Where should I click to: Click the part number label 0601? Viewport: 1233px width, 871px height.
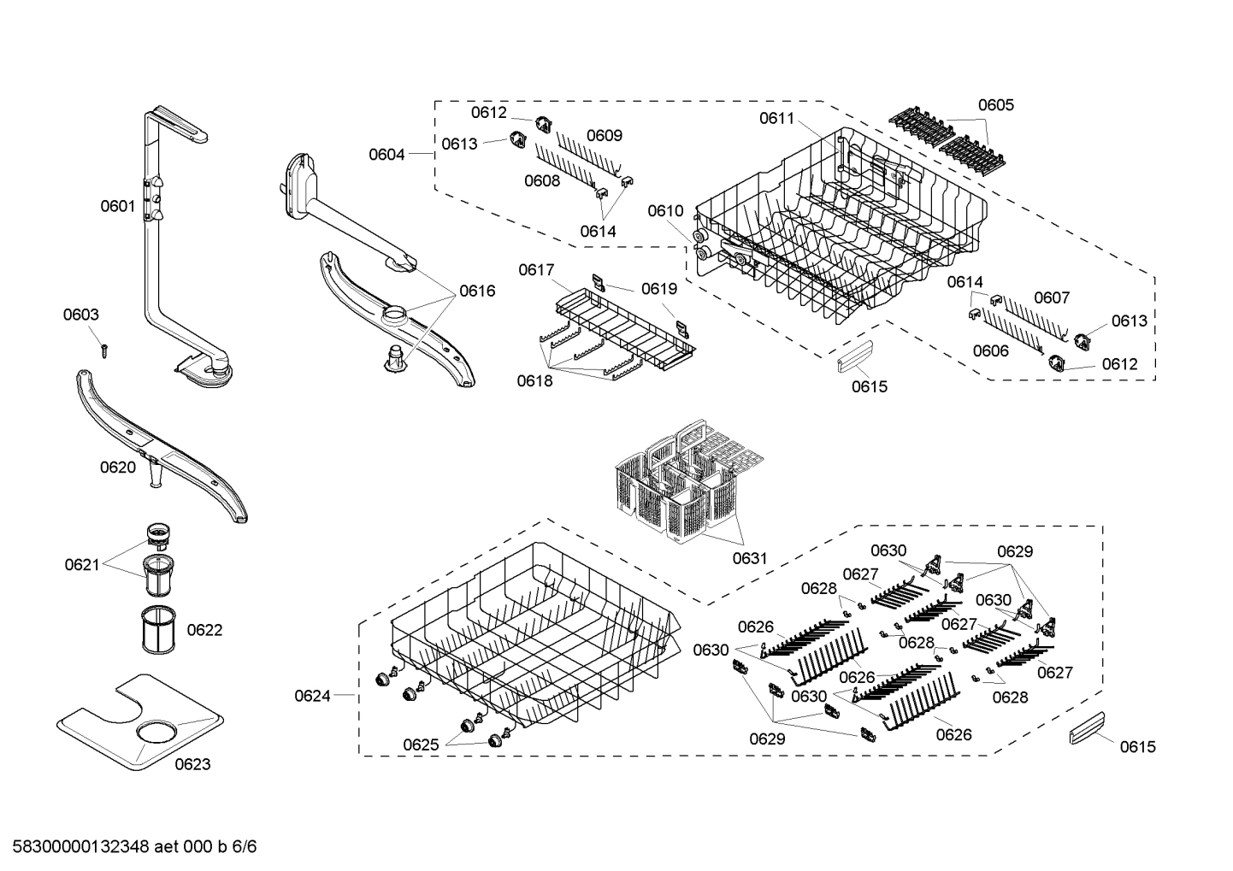(118, 205)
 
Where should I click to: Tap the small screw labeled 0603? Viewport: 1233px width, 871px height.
(103, 348)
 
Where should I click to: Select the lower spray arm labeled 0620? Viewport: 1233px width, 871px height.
(162, 444)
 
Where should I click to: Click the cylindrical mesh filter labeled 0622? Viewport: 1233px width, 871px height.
(156, 631)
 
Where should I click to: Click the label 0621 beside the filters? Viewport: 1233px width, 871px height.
(82, 564)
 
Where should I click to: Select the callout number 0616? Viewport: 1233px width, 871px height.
(476, 291)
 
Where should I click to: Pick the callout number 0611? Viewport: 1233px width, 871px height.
(776, 119)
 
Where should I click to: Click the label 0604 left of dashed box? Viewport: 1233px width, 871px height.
(386, 154)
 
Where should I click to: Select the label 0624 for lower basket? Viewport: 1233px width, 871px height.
(312, 696)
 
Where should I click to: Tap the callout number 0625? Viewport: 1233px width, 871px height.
(421, 744)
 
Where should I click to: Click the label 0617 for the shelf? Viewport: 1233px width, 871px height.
(536, 270)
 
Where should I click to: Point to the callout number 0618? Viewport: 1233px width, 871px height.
(534, 381)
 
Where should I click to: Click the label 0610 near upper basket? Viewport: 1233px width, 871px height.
(665, 210)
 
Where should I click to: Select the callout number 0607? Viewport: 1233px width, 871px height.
(1052, 297)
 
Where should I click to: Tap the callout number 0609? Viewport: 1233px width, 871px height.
(604, 135)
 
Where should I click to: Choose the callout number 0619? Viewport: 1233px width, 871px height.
(659, 289)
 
